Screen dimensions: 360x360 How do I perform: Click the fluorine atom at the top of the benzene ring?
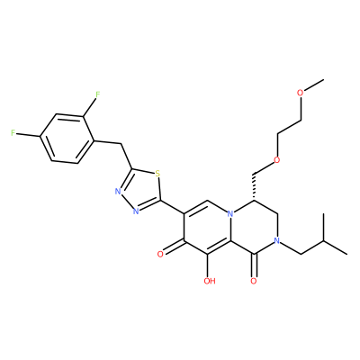pos(97,94)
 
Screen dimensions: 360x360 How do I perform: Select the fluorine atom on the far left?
pos(13,133)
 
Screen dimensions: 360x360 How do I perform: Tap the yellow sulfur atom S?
pos(157,174)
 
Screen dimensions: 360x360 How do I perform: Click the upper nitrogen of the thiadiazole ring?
pos(118,192)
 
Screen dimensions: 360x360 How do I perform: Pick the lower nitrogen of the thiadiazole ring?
pos(136,211)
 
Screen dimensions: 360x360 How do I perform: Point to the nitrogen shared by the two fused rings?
pos(230,214)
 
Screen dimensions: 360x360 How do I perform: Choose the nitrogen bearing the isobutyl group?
pos(277,241)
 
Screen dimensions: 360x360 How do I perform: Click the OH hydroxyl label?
pos(210,281)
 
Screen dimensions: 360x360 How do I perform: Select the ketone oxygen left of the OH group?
pos(160,255)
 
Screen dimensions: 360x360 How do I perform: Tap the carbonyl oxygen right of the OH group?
pos(254,281)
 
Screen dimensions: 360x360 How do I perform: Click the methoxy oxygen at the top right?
pos(301,93)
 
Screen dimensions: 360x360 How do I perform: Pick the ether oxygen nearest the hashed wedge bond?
pos(277,160)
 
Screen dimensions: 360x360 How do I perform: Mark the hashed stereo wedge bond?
pos(254,187)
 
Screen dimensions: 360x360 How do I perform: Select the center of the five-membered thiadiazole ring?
pos(139,189)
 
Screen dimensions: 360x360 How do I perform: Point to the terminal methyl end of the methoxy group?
pos(324,79)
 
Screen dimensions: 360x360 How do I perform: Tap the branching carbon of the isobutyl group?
pos(324,241)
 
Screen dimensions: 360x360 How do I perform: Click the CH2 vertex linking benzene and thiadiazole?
pos(121,145)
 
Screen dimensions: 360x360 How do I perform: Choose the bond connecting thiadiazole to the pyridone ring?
pos(173,207)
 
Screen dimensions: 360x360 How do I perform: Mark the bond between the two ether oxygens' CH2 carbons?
pos(289,127)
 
